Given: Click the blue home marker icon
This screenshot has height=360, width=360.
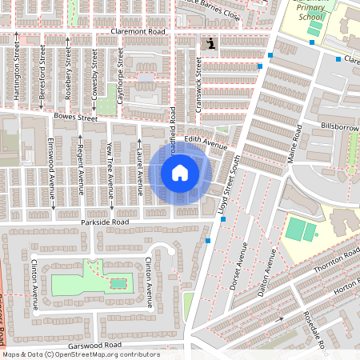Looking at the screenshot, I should click(180, 172).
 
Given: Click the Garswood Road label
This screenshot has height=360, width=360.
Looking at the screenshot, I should click(94, 345).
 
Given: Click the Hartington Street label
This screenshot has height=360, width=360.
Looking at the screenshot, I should click(17, 71).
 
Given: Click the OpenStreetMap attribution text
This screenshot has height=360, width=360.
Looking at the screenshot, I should click(81, 354).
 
